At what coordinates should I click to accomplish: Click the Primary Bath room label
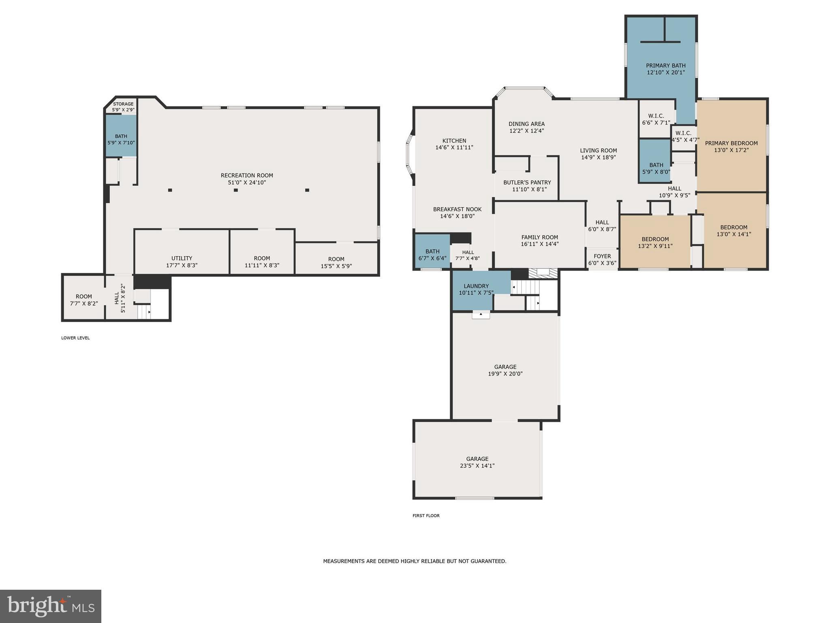(x=665, y=66)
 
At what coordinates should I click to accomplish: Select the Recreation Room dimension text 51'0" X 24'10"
(x=247, y=183)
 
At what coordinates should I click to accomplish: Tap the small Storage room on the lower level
(x=123, y=107)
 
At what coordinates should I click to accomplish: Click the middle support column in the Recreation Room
(x=236, y=190)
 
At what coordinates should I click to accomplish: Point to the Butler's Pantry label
(x=527, y=183)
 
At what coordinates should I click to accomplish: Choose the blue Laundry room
(x=476, y=289)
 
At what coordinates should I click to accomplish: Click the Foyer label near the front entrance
(x=602, y=256)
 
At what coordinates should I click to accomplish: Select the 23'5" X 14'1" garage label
(x=477, y=466)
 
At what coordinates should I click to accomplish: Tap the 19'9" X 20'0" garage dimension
(x=505, y=374)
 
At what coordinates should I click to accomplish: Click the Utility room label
(x=182, y=258)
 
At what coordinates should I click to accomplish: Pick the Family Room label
(x=539, y=237)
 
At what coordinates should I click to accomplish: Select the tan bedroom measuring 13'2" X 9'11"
(x=655, y=242)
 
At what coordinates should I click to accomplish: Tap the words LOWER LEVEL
(x=75, y=338)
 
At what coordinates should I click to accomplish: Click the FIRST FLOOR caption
(x=426, y=516)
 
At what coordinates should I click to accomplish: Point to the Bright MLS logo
(x=51, y=606)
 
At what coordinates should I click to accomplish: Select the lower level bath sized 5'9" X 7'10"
(x=121, y=139)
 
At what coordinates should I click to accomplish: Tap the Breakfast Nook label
(x=457, y=209)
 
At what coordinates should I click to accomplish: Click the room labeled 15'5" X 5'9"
(x=336, y=262)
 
